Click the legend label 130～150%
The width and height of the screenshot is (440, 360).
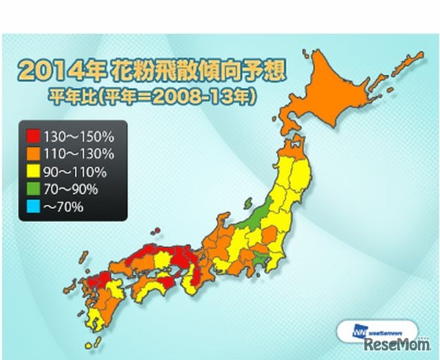73,133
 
